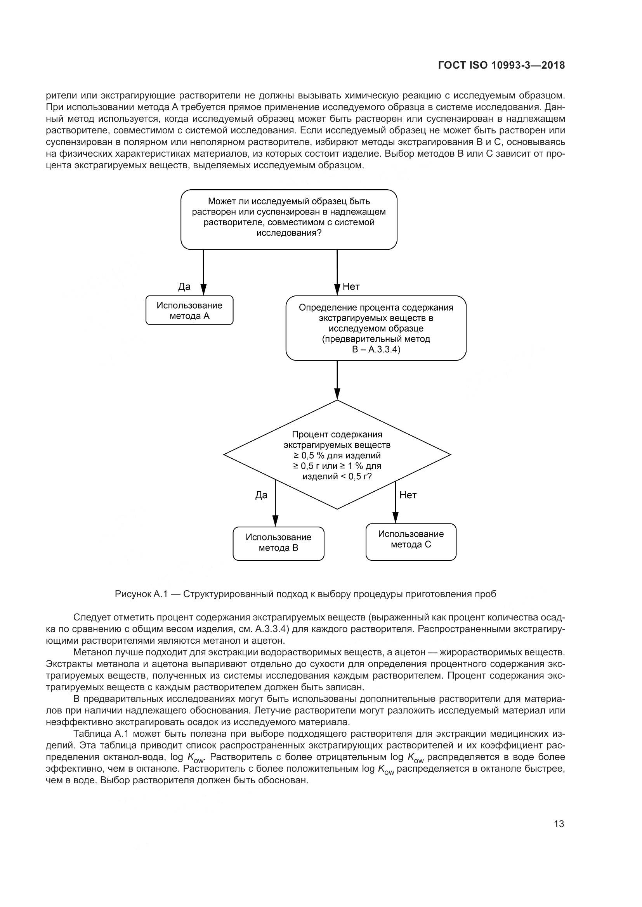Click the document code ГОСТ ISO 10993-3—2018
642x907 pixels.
pyautogui.click(x=501, y=66)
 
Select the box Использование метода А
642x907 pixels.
pyautogui.click(x=189, y=311)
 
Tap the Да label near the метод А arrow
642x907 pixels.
pyautogui.click(x=184, y=287)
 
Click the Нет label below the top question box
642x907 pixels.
pyautogui.click(x=351, y=287)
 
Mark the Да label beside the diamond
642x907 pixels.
pyautogui.click(x=261, y=495)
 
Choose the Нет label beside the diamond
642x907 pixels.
pyautogui.click(x=408, y=495)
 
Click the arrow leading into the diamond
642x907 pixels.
pyautogui.click(x=337, y=381)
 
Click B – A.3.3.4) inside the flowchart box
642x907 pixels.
pyautogui.click(x=376, y=350)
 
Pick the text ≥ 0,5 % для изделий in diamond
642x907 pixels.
pyautogui.click(x=337, y=456)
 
